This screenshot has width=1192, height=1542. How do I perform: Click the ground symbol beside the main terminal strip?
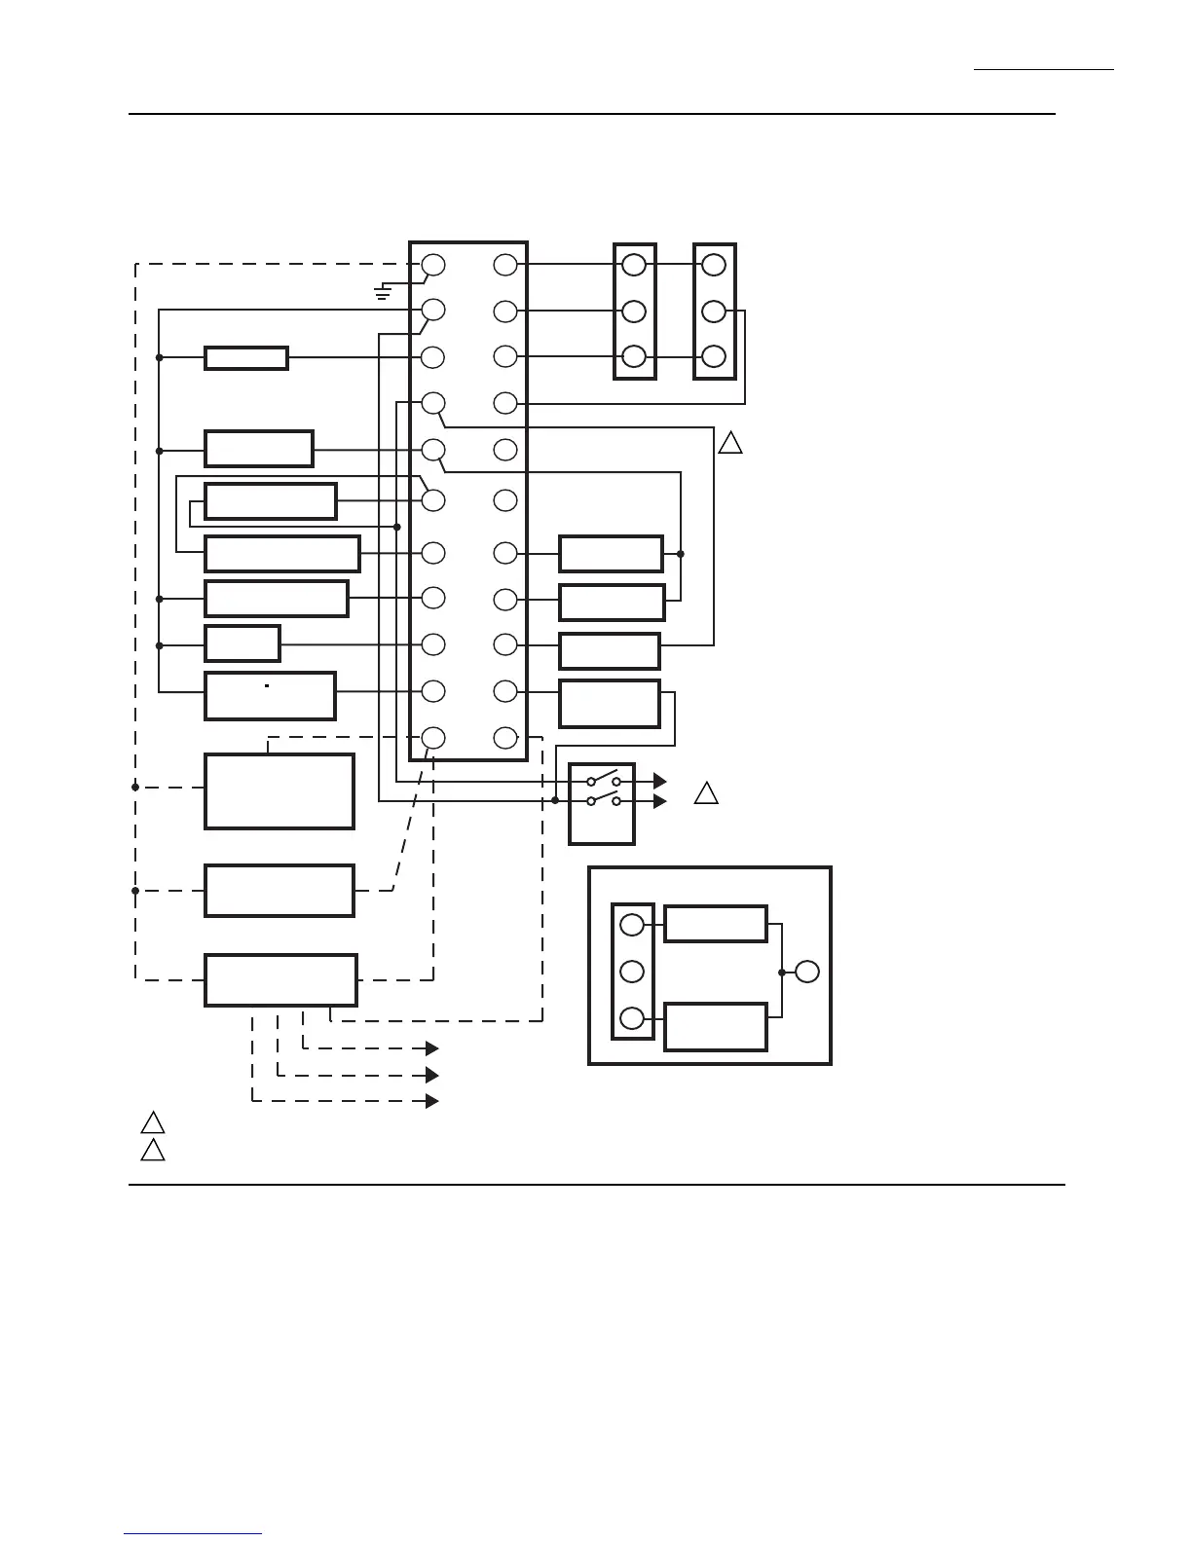click(384, 291)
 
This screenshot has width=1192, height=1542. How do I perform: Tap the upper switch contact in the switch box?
click(604, 779)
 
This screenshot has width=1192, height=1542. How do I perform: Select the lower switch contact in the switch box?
click(604, 799)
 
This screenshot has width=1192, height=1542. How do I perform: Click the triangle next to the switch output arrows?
click(706, 794)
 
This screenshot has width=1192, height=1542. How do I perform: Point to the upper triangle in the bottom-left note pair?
click(152, 1122)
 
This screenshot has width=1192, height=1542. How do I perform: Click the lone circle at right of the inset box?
click(806, 972)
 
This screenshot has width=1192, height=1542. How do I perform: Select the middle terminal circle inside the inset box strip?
click(632, 972)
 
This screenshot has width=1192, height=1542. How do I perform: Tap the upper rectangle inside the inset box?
click(715, 924)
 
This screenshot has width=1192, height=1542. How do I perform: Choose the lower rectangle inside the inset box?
click(715, 1027)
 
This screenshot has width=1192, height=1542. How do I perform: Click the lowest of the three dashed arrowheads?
click(431, 1101)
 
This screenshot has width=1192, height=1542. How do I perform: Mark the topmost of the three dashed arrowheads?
click(431, 1048)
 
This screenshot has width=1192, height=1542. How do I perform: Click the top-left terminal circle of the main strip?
click(433, 265)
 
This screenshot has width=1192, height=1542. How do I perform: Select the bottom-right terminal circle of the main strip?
click(504, 738)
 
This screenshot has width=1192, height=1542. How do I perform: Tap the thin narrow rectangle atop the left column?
click(245, 358)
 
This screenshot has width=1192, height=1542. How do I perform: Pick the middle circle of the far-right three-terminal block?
click(714, 312)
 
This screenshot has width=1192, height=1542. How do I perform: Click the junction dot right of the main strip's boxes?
click(681, 554)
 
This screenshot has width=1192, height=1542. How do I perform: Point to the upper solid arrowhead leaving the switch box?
click(659, 781)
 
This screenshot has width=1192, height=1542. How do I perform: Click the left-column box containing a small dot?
click(270, 695)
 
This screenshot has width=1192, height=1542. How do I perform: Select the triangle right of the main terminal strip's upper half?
click(730, 443)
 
